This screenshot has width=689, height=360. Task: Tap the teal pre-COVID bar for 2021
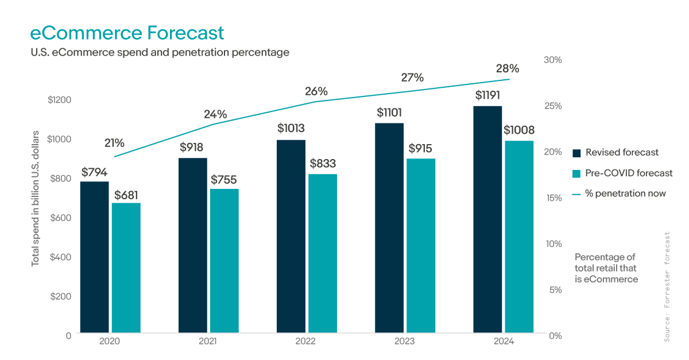click(x=224, y=261)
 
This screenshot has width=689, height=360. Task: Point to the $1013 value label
click(x=291, y=128)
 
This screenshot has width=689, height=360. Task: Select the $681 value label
click(x=126, y=195)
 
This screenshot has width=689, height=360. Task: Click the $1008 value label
click(x=519, y=130)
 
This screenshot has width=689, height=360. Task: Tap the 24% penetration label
click(x=215, y=114)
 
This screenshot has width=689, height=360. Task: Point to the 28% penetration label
click(x=507, y=68)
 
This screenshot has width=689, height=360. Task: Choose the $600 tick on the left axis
click(x=60, y=218)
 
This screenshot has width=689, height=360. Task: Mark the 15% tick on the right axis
click(x=553, y=198)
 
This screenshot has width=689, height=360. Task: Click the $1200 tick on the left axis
click(x=59, y=100)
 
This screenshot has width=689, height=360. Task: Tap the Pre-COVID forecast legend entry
click(x=622, y=173)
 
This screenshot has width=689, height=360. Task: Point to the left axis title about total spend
click(x=35, y=198)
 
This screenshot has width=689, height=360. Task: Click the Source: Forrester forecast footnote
click(x=667, y=287)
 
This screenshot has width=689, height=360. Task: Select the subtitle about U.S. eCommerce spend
click(x=160, y=52)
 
